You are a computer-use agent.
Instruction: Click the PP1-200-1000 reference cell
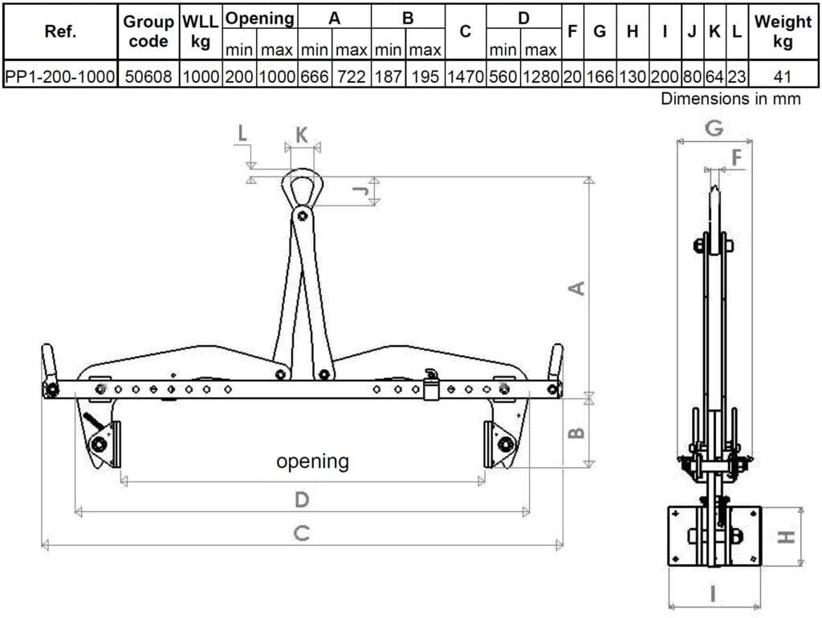[x=59, y=76]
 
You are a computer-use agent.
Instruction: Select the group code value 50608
[x=149, y=76]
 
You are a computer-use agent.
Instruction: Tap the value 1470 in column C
[x=465, y=76]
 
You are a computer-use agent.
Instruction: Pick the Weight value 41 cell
[x=782, y=76]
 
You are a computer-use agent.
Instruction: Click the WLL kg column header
[x=200, y=31]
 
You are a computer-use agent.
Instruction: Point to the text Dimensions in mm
[x=730, y=99]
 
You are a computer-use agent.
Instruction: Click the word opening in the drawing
[x=312, y=461]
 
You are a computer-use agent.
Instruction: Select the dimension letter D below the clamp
[x=302, y=499]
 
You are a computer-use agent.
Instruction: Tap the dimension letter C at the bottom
[x=302, y=533]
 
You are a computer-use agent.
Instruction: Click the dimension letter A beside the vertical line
[x=576, y=288]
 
